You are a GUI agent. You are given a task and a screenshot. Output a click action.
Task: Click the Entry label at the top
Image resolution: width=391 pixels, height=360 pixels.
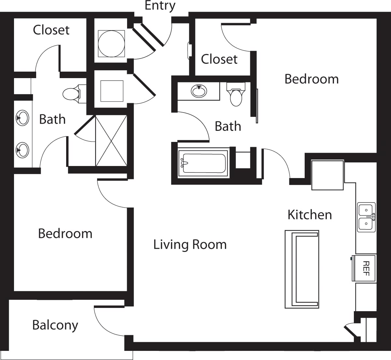point(160,6)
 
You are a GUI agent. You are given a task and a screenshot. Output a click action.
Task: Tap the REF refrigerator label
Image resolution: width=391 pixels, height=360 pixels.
point(366,268)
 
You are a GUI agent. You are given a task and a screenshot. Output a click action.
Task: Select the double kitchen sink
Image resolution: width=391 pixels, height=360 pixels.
point(366,217)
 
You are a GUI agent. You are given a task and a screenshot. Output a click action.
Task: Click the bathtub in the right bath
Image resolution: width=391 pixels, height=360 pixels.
point(204,163)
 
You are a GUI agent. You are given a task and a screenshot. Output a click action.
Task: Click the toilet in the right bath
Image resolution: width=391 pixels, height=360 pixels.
point(236,95)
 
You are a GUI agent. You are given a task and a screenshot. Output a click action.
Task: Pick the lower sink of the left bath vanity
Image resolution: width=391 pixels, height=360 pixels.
point(22,150)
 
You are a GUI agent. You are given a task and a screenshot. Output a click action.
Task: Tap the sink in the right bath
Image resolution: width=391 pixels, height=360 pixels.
point(199,91)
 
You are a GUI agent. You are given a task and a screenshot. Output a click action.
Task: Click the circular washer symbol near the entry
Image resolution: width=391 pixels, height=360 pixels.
point(111,44)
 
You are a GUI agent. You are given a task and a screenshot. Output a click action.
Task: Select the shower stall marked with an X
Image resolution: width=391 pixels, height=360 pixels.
point(111,141)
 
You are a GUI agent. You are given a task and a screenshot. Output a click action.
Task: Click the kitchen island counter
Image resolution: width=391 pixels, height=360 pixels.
point(302,269)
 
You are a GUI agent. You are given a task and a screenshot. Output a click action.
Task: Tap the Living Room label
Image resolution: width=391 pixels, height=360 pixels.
point(190,244)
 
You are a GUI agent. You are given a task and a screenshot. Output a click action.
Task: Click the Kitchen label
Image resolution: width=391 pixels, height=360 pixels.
point(310,215)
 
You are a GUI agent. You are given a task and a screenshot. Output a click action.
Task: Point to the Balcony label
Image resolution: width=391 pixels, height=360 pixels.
point(55,325)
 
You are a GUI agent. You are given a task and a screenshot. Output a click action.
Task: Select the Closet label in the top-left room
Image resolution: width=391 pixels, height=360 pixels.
point(51,30)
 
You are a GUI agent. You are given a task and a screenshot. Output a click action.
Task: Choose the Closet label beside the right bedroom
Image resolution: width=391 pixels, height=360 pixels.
point(219,59)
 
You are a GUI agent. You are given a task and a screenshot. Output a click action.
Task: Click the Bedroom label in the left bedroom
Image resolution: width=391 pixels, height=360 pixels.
point(65,234)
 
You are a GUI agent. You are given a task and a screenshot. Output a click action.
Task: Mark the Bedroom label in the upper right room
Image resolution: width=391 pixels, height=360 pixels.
point(311,79)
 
